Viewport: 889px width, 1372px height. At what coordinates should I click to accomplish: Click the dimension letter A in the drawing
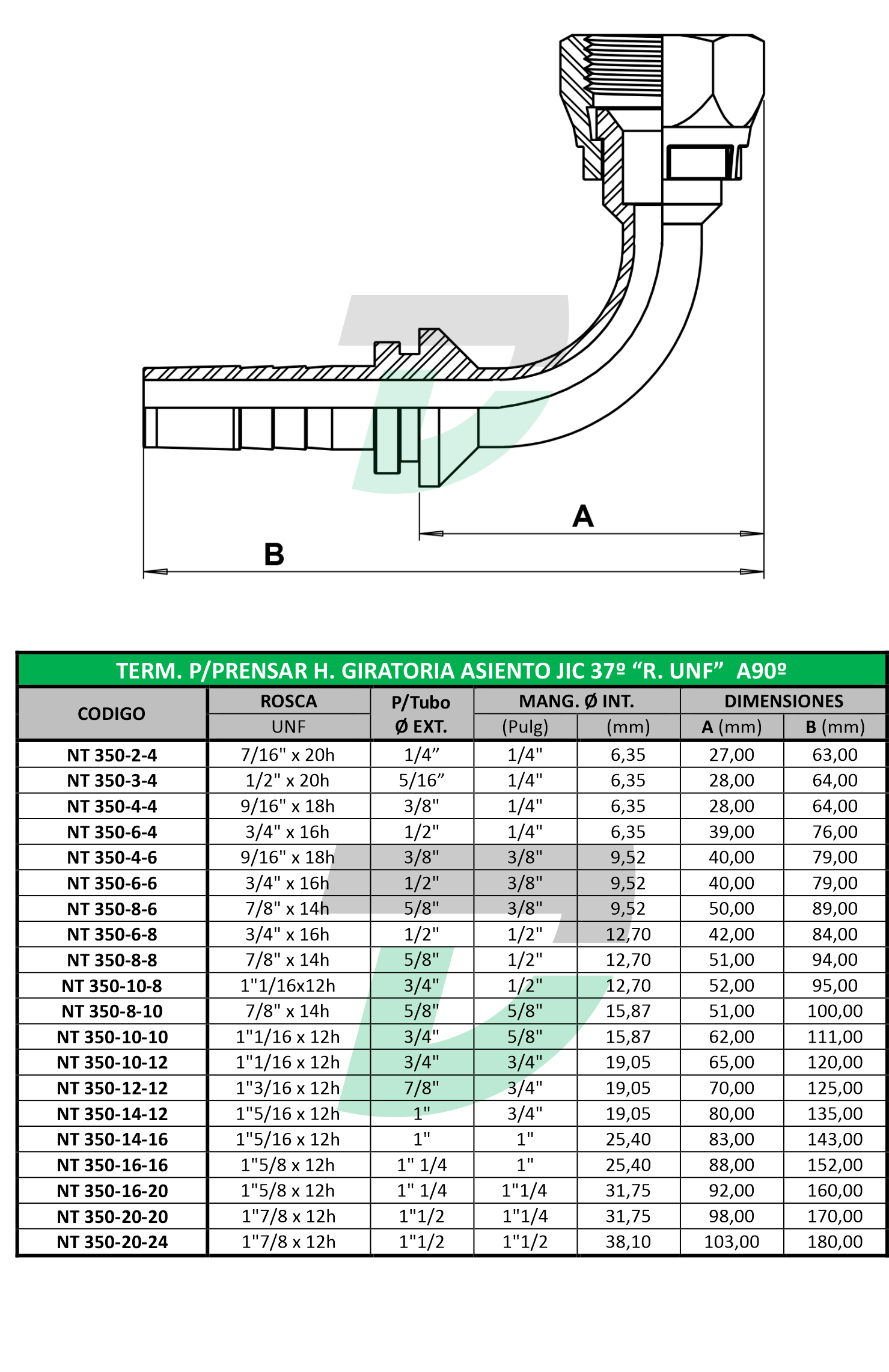pyautogui.click(x=583, y=516)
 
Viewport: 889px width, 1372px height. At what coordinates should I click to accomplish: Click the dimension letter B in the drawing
pyautogui.click(x=274, y=554)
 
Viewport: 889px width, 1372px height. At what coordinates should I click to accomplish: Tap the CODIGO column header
pyautogui.click(x=111, y=714)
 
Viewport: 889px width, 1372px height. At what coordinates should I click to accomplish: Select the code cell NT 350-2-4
pyautogui.click(x=112, y=755)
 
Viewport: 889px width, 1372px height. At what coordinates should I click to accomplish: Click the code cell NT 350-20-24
pyautogui.click(x=112, y=1242)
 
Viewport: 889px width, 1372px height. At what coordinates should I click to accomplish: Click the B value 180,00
pyautogui.click(x=835, y=1242)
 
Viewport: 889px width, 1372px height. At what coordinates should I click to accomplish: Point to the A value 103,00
pyautogui.click(x=732, y=1242)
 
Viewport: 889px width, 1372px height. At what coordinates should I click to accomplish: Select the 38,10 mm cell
pyautogui.click(x=628, y=1242)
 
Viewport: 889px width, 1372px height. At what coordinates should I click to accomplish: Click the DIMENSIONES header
pyautogui.click(x=784, y=701)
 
